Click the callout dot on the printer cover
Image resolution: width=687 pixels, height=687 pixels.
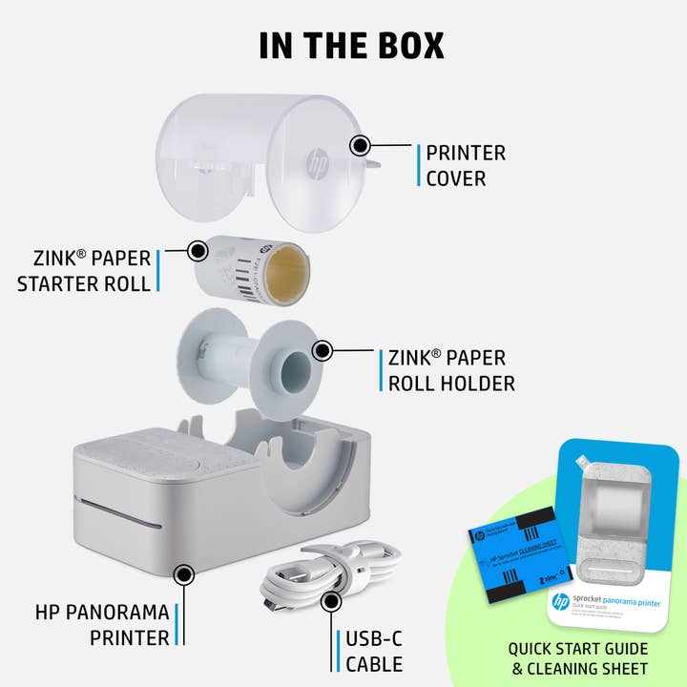[360, 146]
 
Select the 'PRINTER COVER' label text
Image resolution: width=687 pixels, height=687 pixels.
[466, 165]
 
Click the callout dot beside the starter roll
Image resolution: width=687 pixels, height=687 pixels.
[198, 251]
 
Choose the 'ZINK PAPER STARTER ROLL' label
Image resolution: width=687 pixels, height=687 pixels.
[85, 270]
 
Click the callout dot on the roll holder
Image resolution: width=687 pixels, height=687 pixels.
[322, 351]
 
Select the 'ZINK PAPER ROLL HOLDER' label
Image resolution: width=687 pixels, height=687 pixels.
[452, 371]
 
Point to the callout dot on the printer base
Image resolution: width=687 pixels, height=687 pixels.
[183, 574]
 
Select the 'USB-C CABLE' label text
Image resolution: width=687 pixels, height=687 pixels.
[372, 651]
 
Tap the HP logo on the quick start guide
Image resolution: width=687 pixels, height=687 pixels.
[561, 602]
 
